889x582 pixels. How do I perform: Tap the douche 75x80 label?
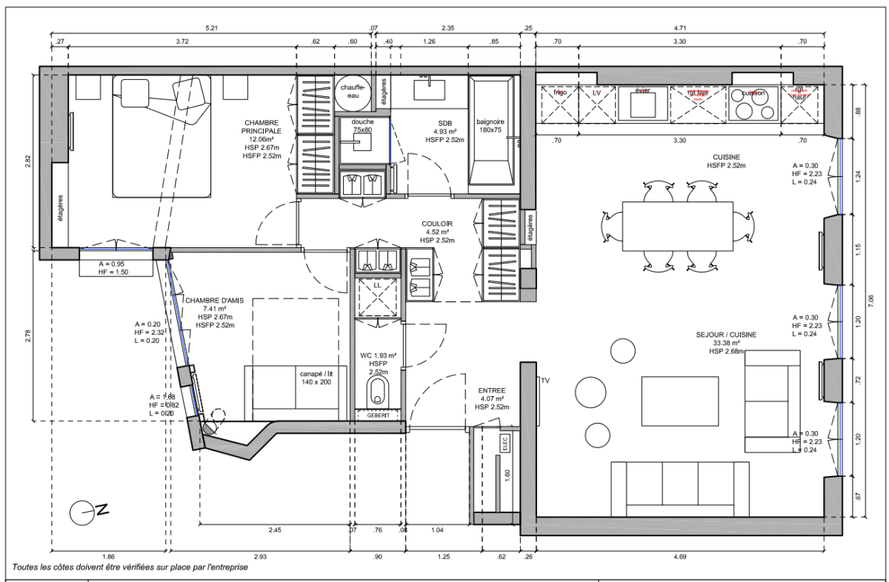[x=362, y=125]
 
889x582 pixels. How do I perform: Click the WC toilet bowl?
[x=378, y=391]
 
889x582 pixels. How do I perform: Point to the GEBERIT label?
[x=378, y=416]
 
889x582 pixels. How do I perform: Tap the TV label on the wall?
[x=545, y=381]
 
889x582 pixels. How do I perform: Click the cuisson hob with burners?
[x=753, y=104]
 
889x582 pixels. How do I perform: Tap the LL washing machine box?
[x=378, y=296]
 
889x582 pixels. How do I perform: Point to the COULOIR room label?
[x=438, y=224]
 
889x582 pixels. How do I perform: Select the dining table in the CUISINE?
[x=677, y=225]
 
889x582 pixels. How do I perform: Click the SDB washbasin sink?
[x=427, y=88]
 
